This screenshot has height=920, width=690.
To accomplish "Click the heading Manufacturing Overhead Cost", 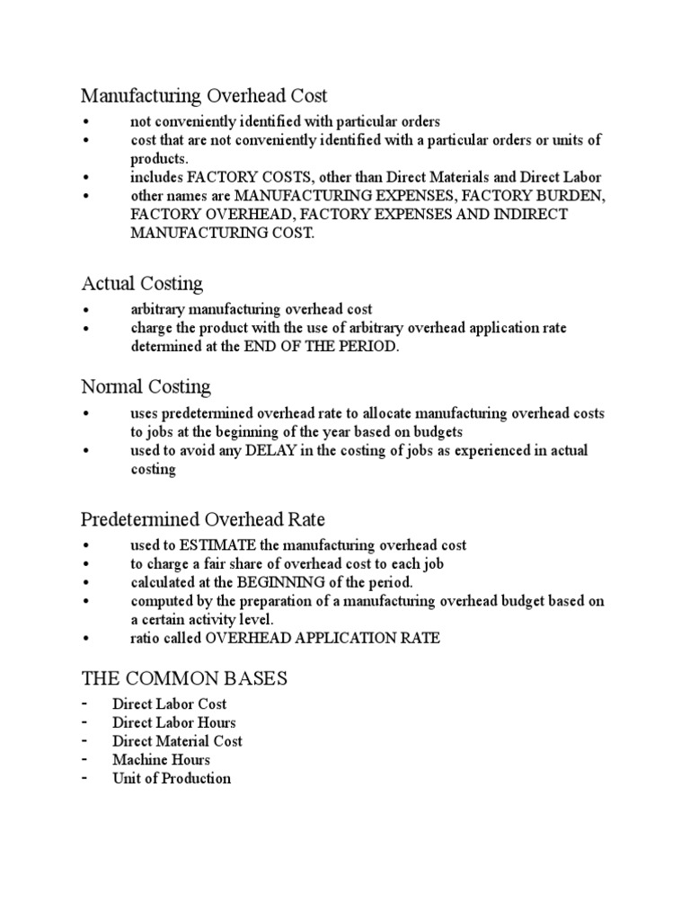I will (x=204, y=95).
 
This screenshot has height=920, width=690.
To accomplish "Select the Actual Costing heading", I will (x=142, y=284).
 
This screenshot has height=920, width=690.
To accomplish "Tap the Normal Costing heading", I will (x=146, y=387).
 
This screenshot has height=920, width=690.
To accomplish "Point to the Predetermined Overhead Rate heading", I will (x=203, y=519).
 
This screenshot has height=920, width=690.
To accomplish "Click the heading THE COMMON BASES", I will (x=184, y=678).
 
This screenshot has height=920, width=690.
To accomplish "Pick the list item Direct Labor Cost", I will (x=169, y=704).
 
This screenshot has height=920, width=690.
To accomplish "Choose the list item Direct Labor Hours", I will (x=174, y=722).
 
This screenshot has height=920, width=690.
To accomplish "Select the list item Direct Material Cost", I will (x=177, y=741).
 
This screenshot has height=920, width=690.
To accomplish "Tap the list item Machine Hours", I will (x=161, y=760).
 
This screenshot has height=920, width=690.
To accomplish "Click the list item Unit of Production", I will (x=172, y=779).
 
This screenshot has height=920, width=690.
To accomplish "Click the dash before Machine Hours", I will (x=84, y=760).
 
